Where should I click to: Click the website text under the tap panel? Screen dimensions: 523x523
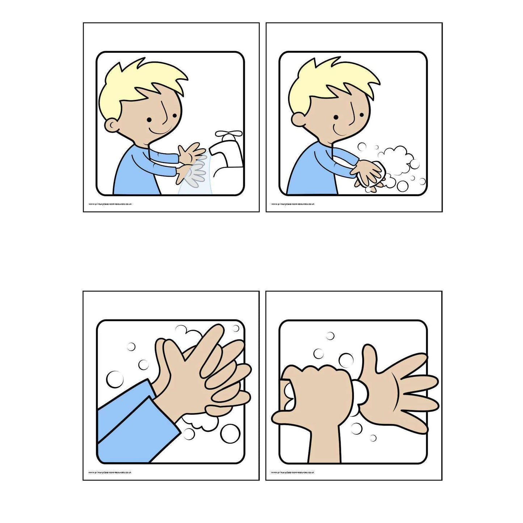tap(110, 204)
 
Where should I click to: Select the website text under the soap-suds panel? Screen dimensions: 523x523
tap(293, 204)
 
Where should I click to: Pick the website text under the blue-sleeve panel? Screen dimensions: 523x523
tap(110, 472)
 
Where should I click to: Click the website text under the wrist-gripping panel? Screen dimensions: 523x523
tap(293, 472)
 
